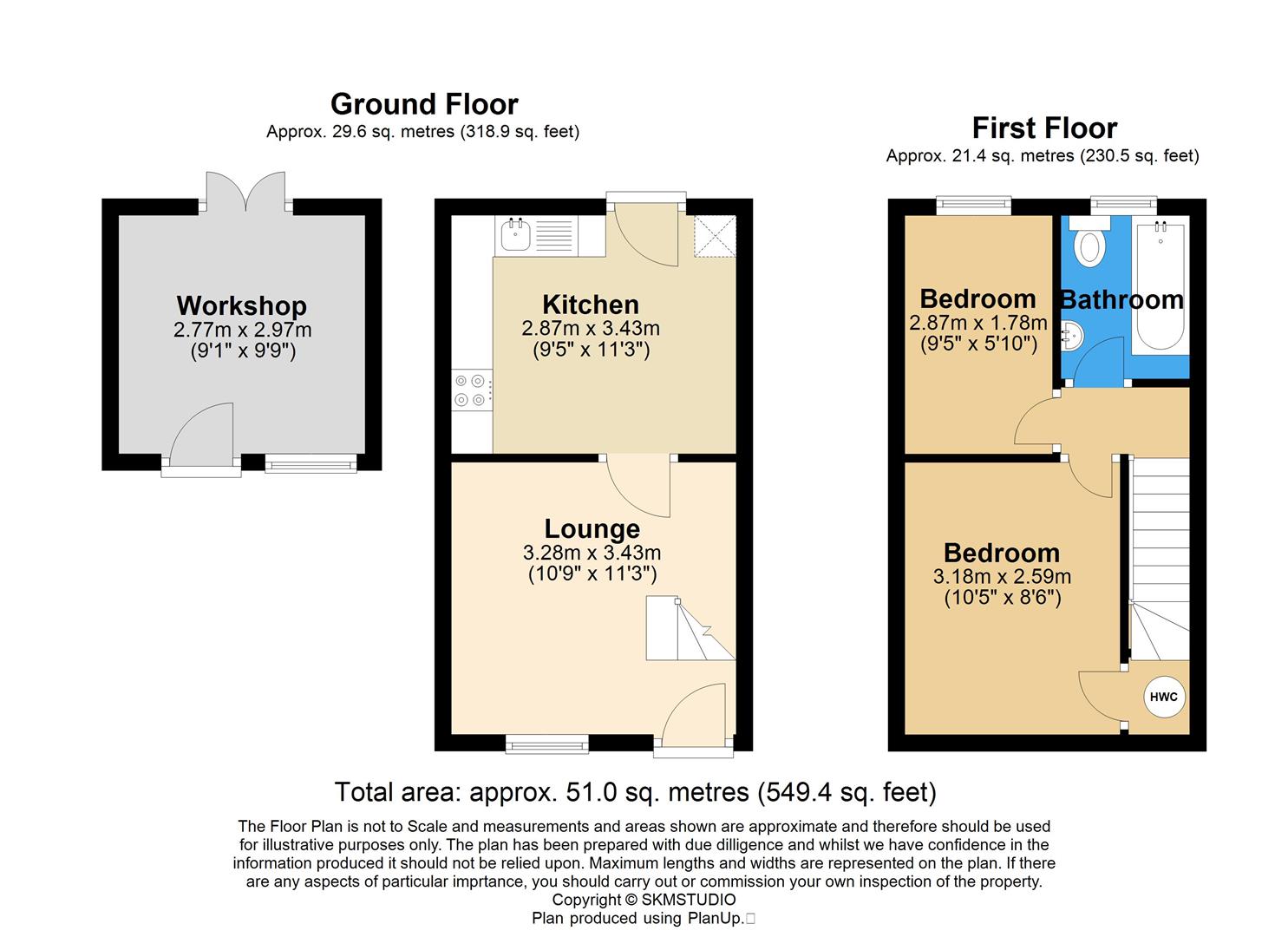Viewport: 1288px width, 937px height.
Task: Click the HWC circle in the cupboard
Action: pyautogui.click(x=1164, y=697)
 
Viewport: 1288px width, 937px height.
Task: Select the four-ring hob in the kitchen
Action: pyautogui.click(x=469, y=390)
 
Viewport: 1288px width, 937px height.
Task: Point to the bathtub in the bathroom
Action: pyautogui.click(x=1161, y=286)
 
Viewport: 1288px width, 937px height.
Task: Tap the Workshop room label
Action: pyautogui.click(x=241, y=305)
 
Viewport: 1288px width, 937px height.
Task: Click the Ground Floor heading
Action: pyautogui.click(x=424, y=104)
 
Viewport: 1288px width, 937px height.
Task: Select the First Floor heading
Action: pyautogui.click(x=1044, y=128)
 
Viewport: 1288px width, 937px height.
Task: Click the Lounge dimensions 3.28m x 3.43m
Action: pyautogui.click(x=592, y=553)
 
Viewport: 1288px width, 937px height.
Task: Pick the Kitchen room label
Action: pyautogui.click(x=591, y=305)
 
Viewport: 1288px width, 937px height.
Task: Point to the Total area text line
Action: pyautogui.click(x=635, y=792)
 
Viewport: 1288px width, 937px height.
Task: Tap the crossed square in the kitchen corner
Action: pyautogui.click(x=714, y=236)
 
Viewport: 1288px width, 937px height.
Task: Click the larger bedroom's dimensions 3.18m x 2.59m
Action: pyautogui.click(x=1002, y=576)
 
